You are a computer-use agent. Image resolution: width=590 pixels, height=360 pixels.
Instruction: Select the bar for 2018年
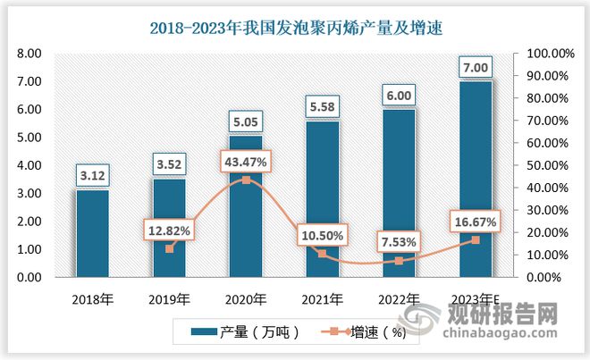[x=92, y=233]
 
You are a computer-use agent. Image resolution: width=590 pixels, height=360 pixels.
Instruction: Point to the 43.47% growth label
[x=245, y=161]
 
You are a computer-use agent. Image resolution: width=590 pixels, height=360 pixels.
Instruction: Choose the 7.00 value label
[x=475, y=68]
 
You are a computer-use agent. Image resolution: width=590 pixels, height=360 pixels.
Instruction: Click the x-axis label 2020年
[x=245, y=298]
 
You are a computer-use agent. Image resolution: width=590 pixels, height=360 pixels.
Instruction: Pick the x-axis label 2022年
[x=399, y=298]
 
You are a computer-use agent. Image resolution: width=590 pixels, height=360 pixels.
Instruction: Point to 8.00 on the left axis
[x=29, y=54]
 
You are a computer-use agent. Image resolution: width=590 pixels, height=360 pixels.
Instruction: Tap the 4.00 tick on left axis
[x=29, y=165]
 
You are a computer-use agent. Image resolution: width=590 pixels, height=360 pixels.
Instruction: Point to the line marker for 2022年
[x=399, y=261]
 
